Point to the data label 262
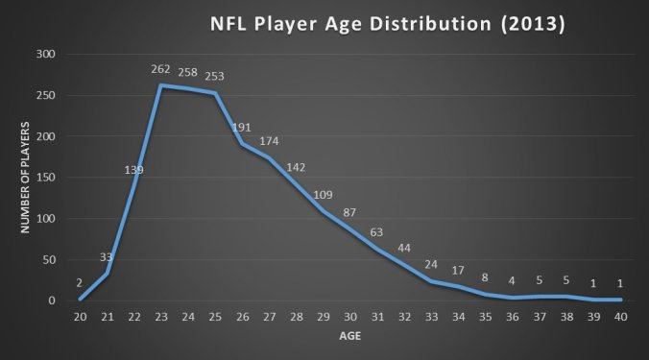[160, 69]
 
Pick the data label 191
[242, 128]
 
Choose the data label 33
[106, 258]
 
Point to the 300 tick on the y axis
[46, 55]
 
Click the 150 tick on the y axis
[46, 178]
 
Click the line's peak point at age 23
[160, 85]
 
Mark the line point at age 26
[243, 144]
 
